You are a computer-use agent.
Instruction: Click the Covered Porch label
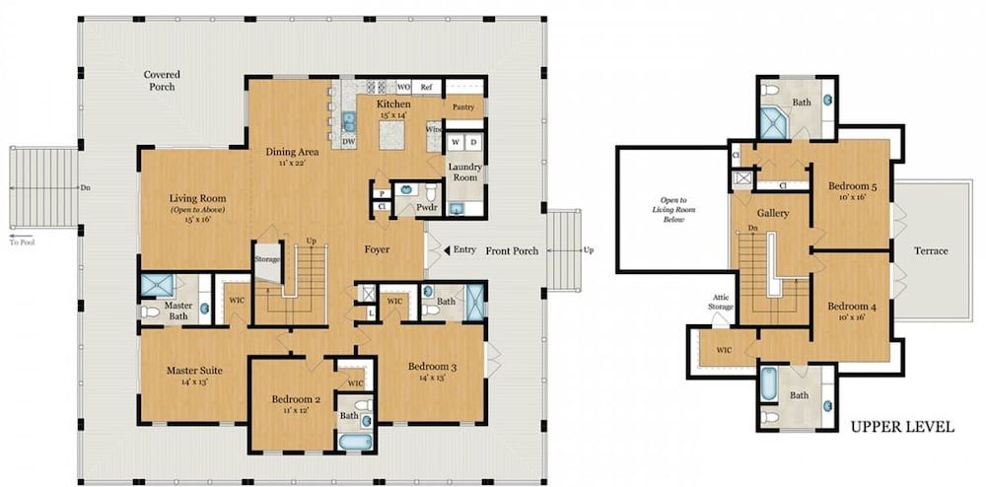point(160,81)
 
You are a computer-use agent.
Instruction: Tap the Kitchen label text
point(393,104)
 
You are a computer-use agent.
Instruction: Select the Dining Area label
point(293,153)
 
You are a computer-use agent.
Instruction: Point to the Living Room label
point(198,198)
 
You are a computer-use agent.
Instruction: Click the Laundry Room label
point(463,172)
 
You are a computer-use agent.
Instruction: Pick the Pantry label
point(462,106)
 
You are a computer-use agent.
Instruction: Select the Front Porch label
point(512,250)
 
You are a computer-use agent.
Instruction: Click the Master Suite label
point(194,371)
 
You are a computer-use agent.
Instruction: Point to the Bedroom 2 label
point(293,399)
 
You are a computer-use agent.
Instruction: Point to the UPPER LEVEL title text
point(902,427)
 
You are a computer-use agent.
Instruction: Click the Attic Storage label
point(721,302)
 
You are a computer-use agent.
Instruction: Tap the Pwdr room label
point(426,208)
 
